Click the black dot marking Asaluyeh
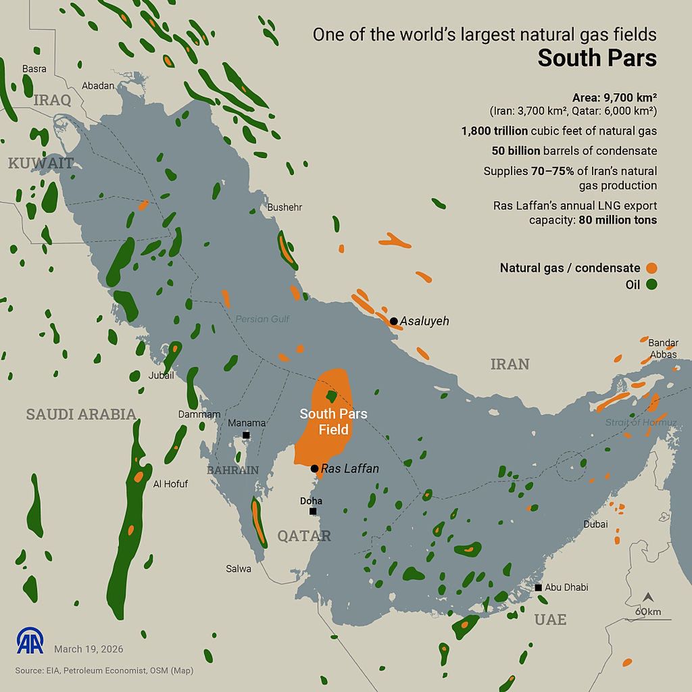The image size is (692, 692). (393, 321)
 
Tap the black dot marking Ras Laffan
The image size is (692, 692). (314, 468)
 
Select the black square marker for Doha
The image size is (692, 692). (313, 511)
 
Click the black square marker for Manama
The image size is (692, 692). (246, 435)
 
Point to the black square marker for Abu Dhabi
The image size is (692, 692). (538, 587)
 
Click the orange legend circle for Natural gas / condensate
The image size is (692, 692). (651, 268)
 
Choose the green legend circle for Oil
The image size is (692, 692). (651, 285)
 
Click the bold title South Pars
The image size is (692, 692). (597, 58)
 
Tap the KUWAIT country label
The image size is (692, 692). (40, 163)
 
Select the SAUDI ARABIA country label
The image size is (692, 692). (81, 414)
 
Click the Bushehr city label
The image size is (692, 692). (285, 207)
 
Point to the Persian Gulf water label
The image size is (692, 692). (262, 319)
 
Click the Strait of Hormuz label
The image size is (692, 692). (641, 422)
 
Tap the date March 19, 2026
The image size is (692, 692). (89, 649)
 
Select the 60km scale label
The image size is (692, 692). (647, 612)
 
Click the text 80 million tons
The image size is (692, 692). (618, 220)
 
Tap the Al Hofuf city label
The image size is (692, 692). (170, 484)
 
